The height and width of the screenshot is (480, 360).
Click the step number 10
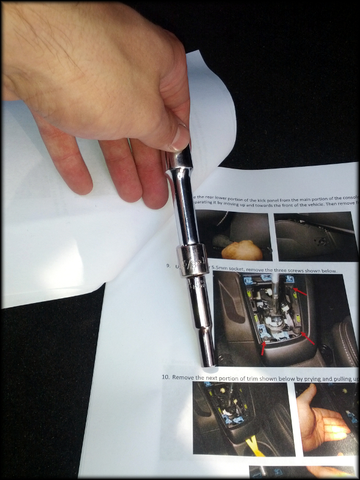point(166,377)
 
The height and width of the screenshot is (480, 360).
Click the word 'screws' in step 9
point(297,271)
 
